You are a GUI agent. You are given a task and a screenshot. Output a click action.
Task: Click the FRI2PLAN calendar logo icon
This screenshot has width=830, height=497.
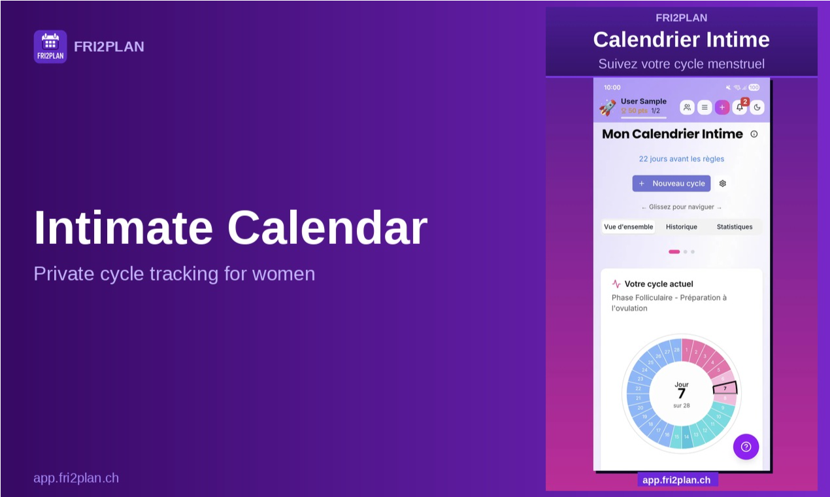pyautogui.click(x=50, y=46)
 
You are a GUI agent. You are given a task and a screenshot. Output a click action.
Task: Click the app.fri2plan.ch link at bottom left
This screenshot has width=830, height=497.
pyautogui.click(x=76, y=478)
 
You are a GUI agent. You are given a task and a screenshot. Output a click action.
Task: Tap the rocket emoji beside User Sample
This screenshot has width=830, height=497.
pyautogui.click(x=608, y=107)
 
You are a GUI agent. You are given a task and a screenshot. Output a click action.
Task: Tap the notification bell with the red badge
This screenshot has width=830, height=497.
pyautogui.click(x=740, y=107)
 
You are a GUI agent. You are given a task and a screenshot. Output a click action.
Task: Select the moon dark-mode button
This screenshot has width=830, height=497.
pyautogui.click(x=757, y=107)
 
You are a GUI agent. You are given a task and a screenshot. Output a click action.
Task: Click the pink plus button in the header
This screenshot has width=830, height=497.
pyautogui.click(x=722, y=107)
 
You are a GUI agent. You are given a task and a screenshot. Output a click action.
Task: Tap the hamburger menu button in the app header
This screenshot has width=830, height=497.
pyautogui.click(x=705, y=107)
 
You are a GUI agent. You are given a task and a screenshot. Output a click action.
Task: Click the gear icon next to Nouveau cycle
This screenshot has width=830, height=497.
pyautogui.click(x=723, y=184)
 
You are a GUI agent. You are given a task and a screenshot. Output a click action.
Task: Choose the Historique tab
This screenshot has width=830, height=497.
pyautogui.click(x=682, y=227)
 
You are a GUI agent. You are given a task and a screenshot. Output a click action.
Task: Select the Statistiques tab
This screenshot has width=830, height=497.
pyautogui.click(x=735, y=227)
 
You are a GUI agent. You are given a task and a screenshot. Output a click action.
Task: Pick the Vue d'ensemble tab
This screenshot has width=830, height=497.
pyautogui.click(x=628, y=227)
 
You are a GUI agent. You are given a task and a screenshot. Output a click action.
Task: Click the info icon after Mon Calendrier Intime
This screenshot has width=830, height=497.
pyautogui.click(x=754, y=134)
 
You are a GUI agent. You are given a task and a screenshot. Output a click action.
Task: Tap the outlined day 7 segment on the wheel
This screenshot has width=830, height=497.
pyautogui.click(x=725, y=388)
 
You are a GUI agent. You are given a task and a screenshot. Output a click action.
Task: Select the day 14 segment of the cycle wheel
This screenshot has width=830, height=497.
pyautogui.click(x=686, y=436)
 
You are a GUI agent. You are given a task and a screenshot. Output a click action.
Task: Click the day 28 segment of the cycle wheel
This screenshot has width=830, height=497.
pyautogui.click(x=676, y=350)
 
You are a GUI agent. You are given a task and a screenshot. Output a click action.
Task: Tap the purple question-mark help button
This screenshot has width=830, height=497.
pyautogui.click(x=746, y=447)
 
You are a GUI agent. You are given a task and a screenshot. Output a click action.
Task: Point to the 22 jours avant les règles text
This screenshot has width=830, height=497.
pyautogui.click(x=682, y=159)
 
